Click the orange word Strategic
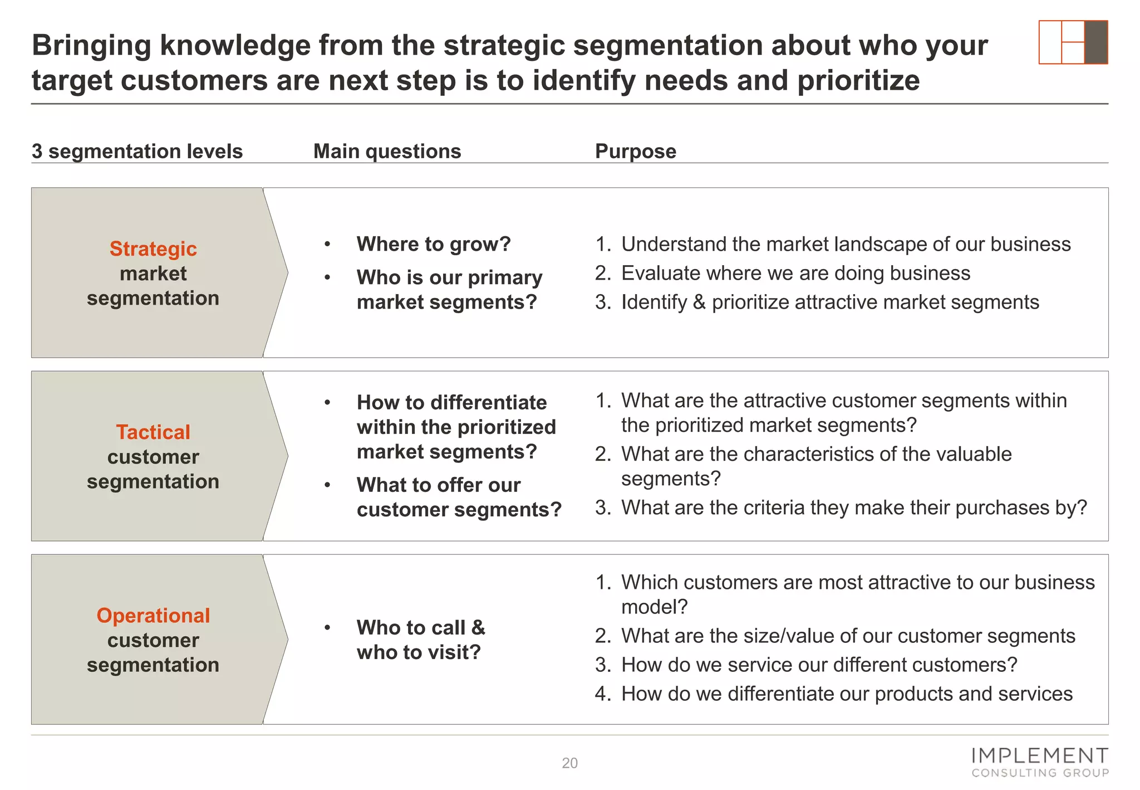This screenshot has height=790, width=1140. coord(153,249)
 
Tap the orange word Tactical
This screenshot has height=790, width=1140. coord(153,432)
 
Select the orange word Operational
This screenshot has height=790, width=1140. coord(153,616)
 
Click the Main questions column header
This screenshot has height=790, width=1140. coord(387,152)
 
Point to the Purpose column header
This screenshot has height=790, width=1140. coord(635,152)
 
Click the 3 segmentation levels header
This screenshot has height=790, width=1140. coord(137,152)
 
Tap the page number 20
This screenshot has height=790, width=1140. coord(569,763)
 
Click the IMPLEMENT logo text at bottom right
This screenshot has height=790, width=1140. coord(1039,756)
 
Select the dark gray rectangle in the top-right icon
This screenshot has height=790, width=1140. coord(1096,42)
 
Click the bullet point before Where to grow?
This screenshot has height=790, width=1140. coord(328,245)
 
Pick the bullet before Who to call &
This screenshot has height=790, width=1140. coord(328,628)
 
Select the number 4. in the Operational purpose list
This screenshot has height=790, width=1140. coord(603,694)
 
